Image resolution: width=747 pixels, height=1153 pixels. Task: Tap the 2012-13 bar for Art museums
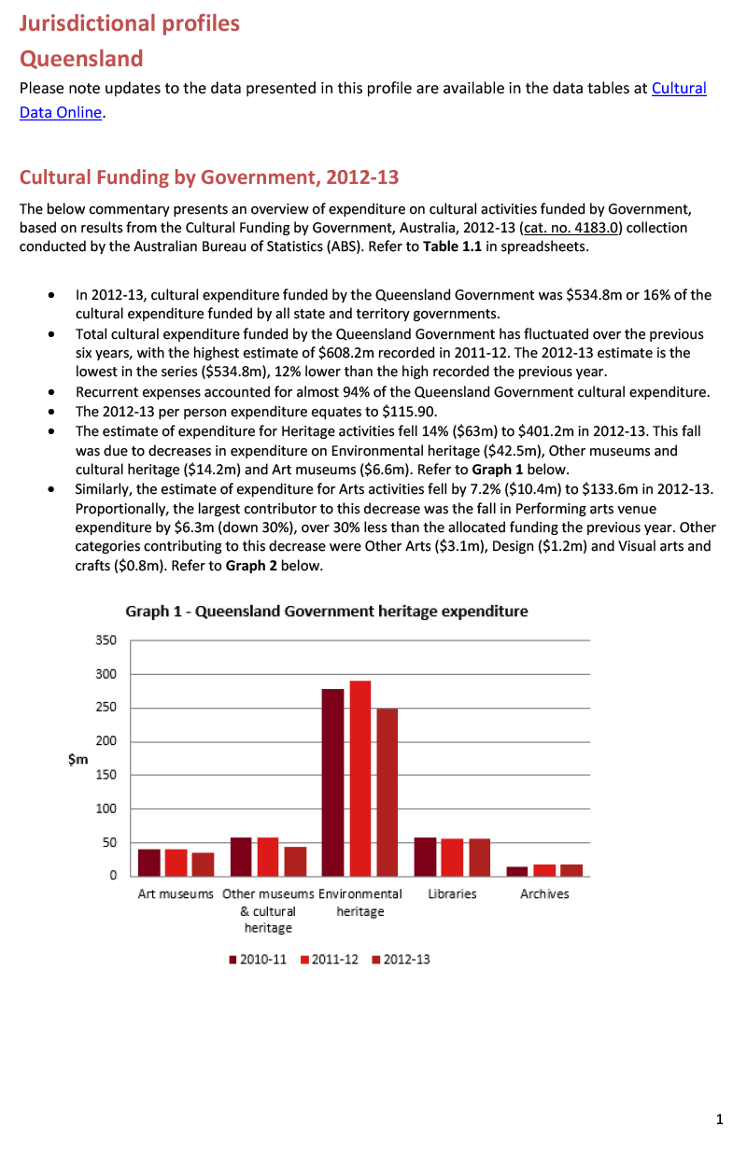click(203, 864)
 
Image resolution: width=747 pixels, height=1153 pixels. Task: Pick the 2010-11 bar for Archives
click(516, 871)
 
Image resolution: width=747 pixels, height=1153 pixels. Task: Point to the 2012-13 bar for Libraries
click(480, 857)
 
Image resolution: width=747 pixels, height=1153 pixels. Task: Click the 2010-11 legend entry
click(258, 959)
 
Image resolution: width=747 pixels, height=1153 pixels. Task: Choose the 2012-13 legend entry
click(401, 959)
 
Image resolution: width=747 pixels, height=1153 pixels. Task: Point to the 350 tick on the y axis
click(106, 640)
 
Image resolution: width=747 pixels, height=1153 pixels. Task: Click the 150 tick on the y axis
click(106, 775)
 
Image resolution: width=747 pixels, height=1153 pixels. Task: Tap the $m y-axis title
click(78, 759)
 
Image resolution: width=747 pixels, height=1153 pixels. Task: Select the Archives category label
click(544, 893)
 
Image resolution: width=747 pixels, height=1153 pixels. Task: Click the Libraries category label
click(452, 893)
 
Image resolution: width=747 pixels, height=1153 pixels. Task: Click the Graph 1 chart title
click(327, 612)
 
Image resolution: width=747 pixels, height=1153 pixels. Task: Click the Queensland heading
click(81, 59)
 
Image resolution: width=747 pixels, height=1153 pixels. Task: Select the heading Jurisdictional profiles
click(130, 23)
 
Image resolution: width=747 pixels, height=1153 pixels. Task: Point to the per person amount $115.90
click(409, 412)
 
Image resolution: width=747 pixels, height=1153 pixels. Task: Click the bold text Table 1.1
click(453, 246)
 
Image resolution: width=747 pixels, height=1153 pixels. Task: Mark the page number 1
click(719, 1119)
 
